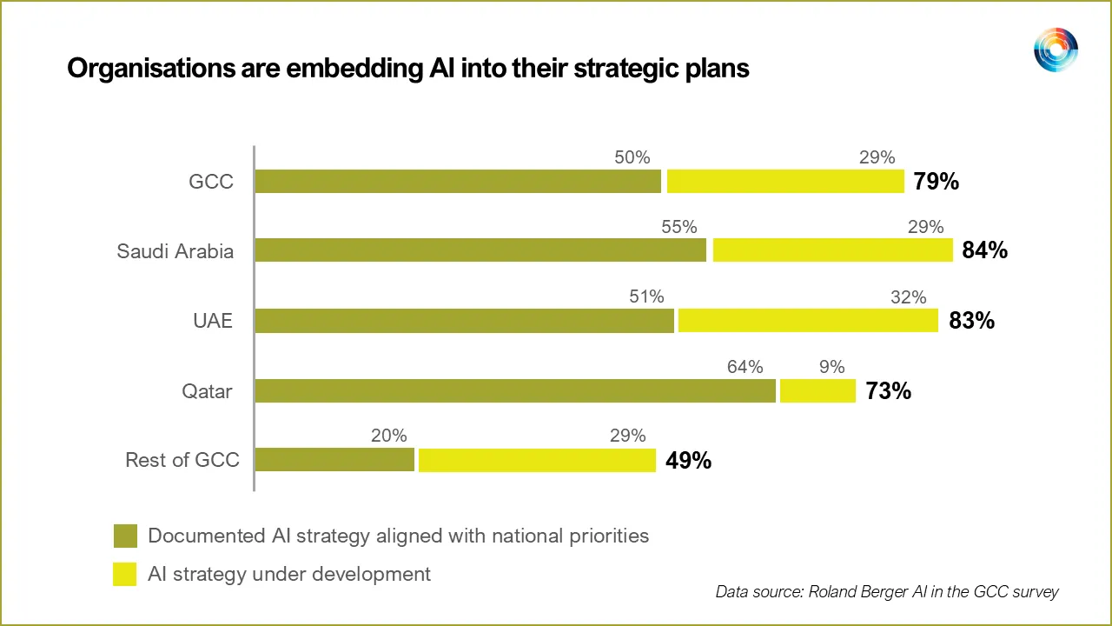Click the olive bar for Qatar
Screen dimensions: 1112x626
click(x=514, y=390)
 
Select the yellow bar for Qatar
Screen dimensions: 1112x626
click(x=817, y=390)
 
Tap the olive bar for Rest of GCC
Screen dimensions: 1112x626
click(x=334, y=460)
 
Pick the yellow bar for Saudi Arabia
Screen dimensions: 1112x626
click(x=832, y=250)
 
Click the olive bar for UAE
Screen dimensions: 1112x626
click(x=464, y=320)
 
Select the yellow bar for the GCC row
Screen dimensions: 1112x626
click(x=785, y=181)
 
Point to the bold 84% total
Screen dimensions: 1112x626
click(x=984, y=250)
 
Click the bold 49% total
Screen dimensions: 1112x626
click(x=688, y=461)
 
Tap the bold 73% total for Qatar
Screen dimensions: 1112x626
click(x=888, y=391)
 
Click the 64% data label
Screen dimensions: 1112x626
click(x=745, y=367)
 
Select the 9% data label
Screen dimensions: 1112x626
click(x=831, y=367)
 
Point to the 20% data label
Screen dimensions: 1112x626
click(x=388, y=436)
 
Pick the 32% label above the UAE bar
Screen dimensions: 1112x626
click(x=908, y=297)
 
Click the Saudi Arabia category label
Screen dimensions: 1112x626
click(x=175, y=251)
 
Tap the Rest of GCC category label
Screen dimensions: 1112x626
click(x=182, y=460)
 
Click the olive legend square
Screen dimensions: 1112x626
click(x=125, y=536)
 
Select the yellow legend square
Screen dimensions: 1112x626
click(x=125, y=574)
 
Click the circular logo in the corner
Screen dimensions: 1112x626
click(x=1056, y=50)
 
